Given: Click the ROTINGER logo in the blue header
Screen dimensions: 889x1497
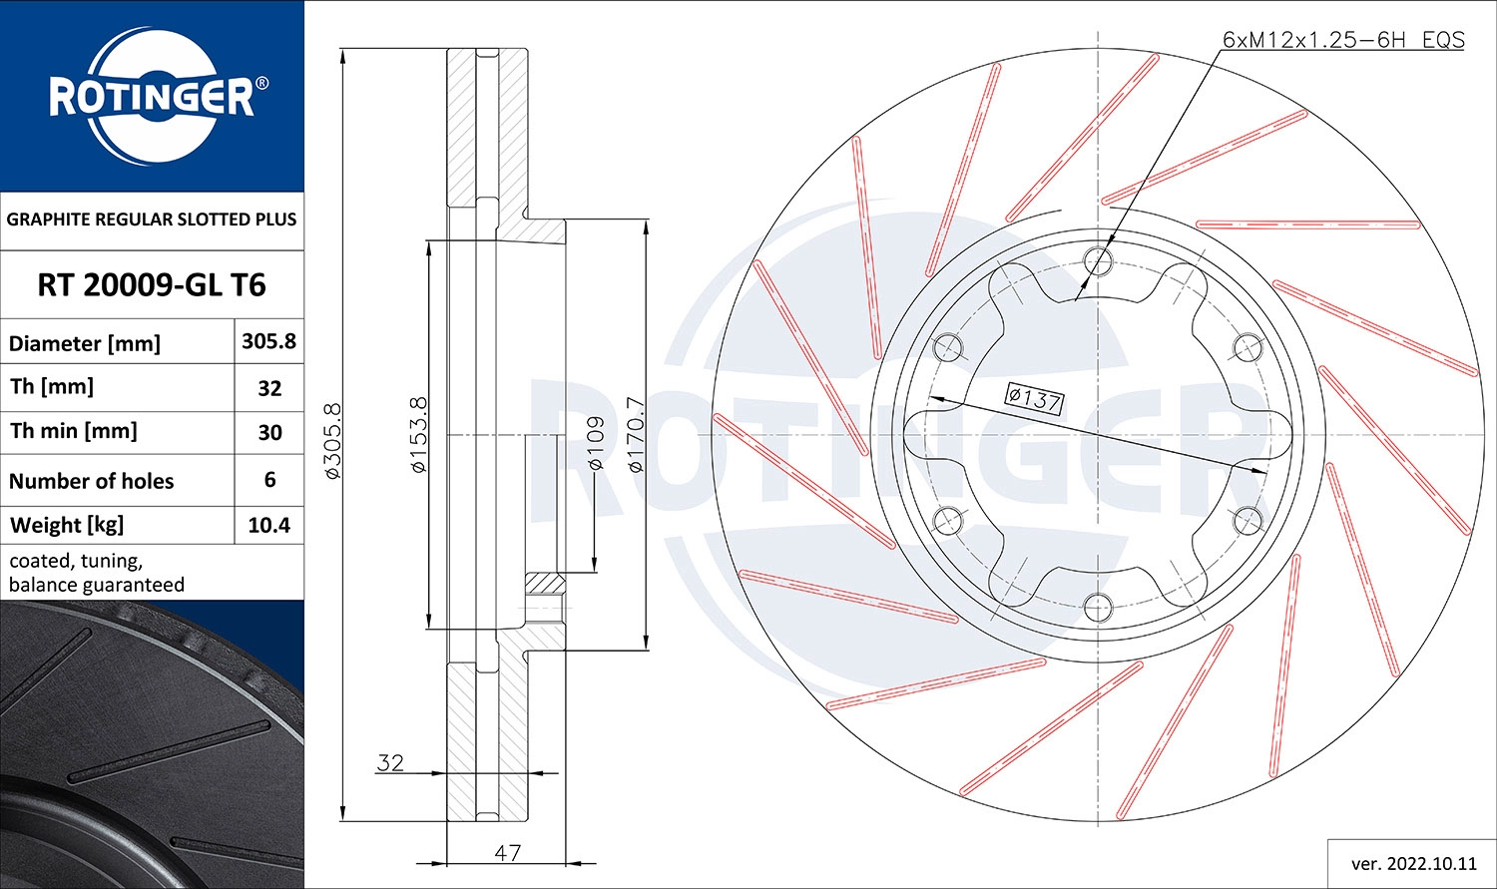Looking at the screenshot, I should tap(152, 97).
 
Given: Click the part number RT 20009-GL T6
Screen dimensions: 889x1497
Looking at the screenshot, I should tap(152, 285).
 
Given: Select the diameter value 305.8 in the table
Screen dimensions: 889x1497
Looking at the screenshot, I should tap(268, 341).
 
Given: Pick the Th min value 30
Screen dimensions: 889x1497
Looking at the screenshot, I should tap(269, 433).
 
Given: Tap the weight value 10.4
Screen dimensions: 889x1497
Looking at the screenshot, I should tap(268, 525).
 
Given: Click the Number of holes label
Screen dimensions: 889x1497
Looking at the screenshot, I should tap(92, 481).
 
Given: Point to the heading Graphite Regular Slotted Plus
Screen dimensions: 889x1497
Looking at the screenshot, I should tap(152, 220).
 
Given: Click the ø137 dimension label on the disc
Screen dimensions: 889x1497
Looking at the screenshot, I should tap(1034, 399).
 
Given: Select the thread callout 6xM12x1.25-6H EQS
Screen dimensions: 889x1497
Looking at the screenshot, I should tap(1343, 40).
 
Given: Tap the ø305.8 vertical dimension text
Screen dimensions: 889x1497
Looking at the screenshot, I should tap(333, 440).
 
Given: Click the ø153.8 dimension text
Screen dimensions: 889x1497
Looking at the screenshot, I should tap(419, 434).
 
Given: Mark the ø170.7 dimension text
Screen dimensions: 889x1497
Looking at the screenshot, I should tap(636, 434).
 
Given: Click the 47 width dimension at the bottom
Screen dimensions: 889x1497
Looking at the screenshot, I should tap(507, 852).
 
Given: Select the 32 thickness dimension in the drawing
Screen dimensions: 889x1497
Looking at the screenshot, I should tap(390, 763).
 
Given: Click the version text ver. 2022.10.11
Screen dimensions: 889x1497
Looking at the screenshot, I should tap(1413, 863).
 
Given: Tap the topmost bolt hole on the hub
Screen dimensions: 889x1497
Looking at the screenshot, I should tap(1098, 261).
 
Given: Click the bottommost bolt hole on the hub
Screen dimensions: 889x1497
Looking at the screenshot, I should tap(1098, 606).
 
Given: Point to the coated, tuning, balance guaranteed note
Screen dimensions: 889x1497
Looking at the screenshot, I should tap(97, 573).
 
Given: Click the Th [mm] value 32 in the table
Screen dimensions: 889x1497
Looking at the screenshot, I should tap(269, 388).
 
